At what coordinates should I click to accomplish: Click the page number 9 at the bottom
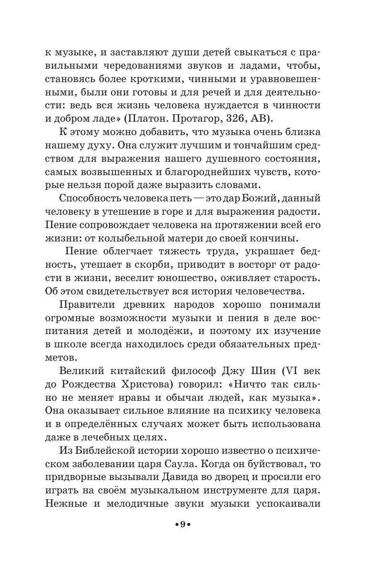pos(183,538)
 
